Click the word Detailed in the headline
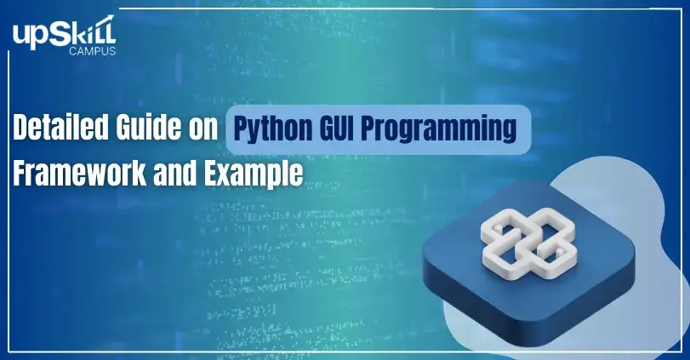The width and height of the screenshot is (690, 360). (x=60, y=128)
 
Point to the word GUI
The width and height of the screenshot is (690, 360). (x=336, y=128)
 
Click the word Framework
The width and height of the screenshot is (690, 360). (x=79, y=173)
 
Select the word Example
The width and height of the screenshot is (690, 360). (x=254, y=174)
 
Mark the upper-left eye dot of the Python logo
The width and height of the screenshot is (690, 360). (x=499, y=227)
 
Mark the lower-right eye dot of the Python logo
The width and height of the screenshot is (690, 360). (x=560, y=252)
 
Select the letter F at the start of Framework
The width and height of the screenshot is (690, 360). (x=20, y=173)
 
